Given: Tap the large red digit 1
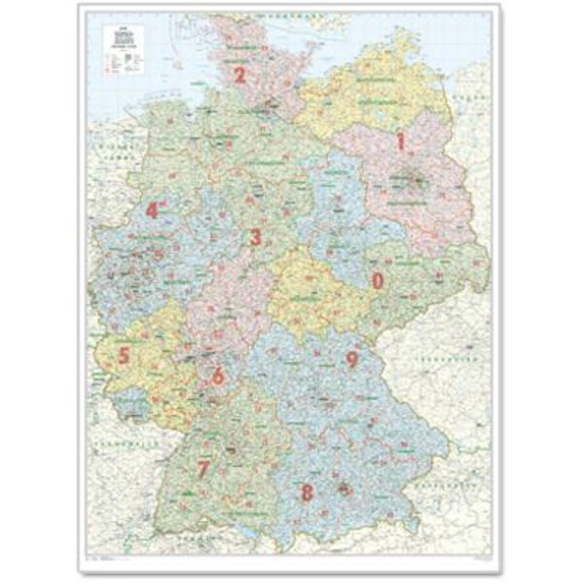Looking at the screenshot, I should [x=398, y=142].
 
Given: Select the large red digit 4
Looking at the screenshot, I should [x=152, y=209].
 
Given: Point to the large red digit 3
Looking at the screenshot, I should [x=256, y=237].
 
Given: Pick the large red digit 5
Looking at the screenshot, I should [x=125, y=355].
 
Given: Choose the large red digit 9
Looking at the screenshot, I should [x=352, y=359].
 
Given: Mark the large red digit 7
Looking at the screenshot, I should [x=202, y=468].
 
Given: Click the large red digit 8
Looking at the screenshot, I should [x=307, y=493].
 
